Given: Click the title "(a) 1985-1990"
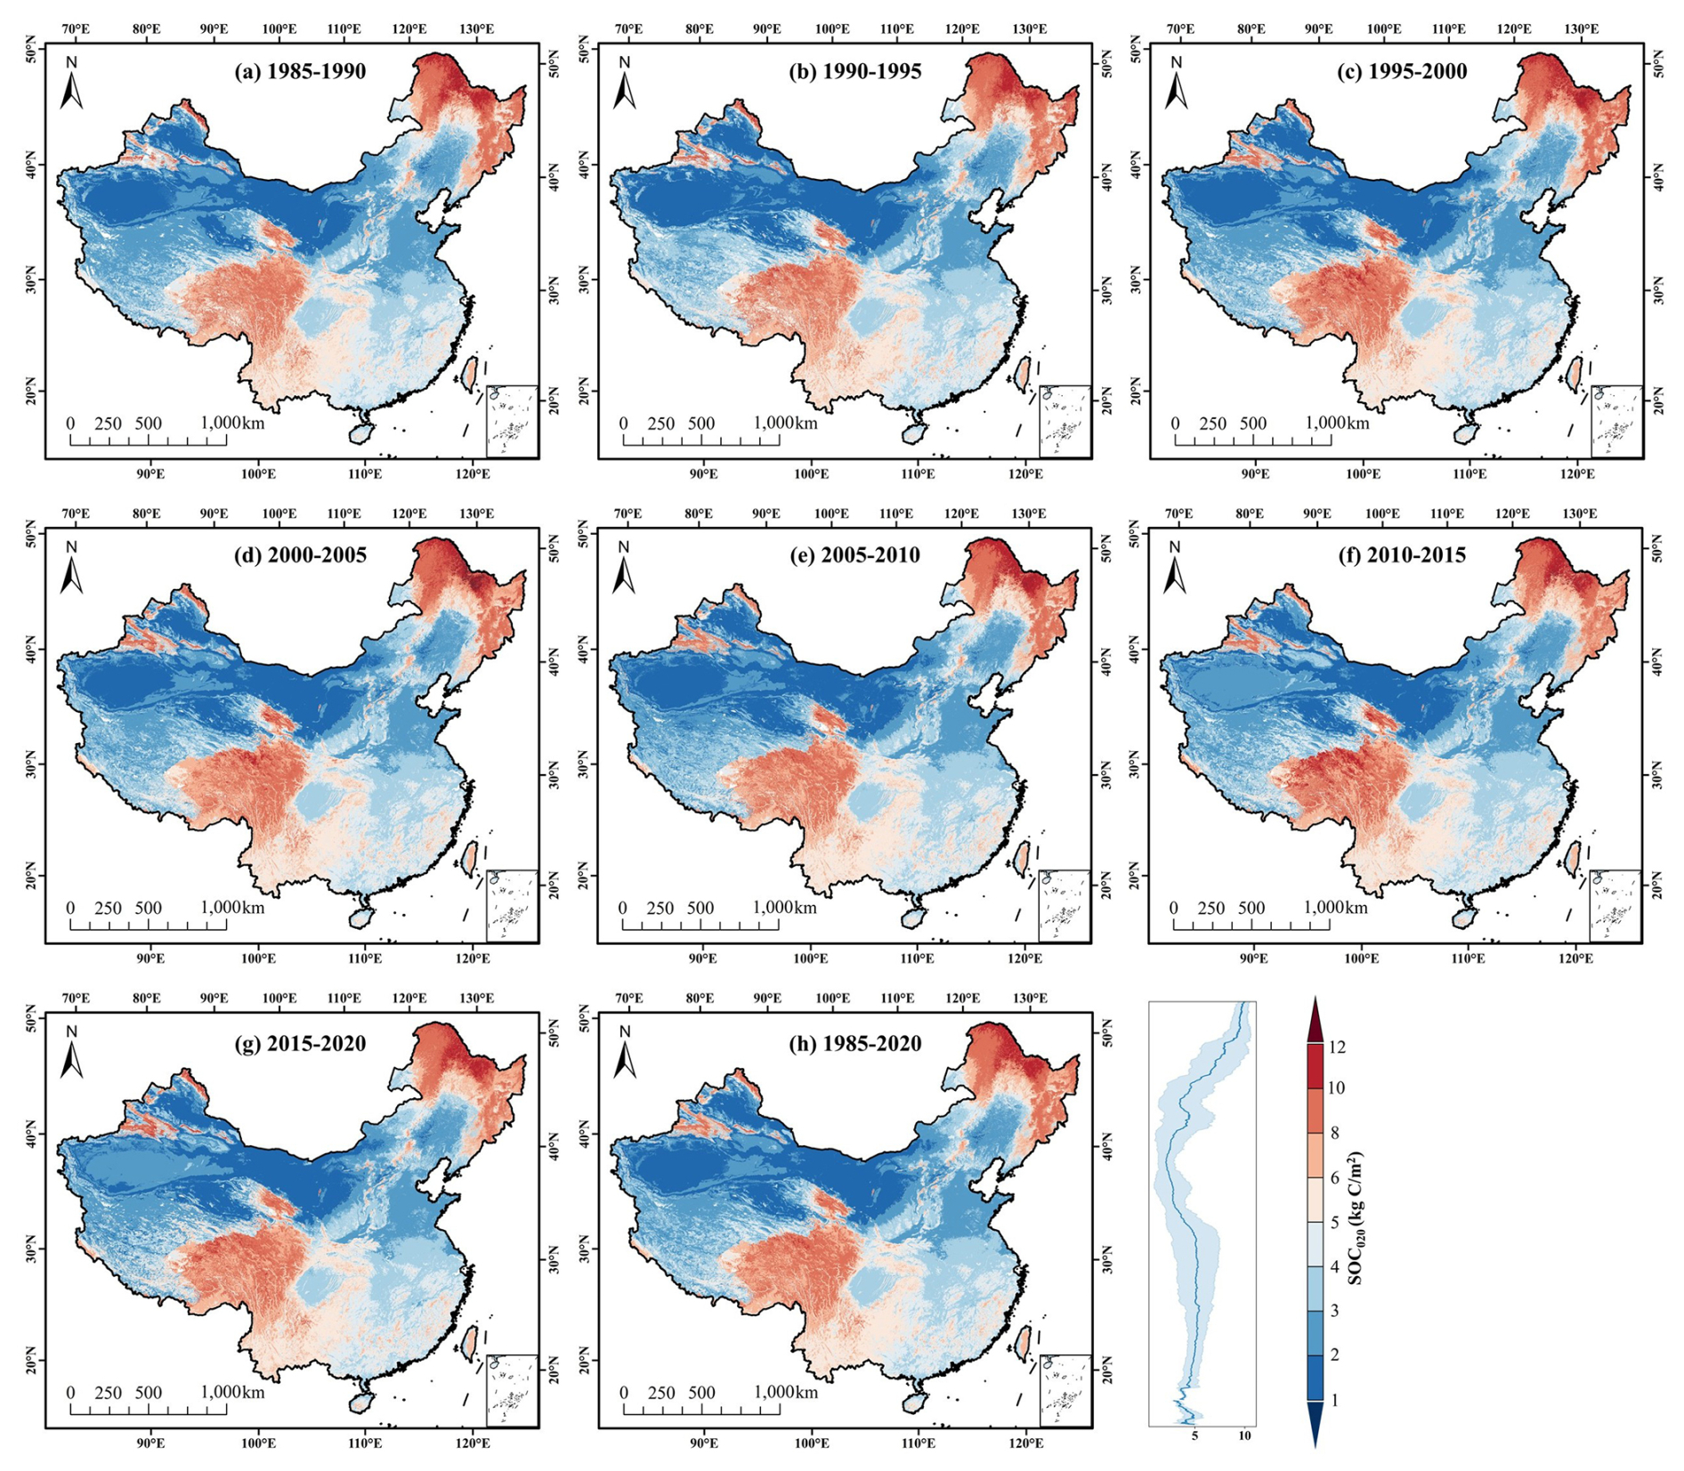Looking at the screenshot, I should click(x=300, y=71).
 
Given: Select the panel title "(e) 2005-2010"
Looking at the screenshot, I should click(x=854, y=555).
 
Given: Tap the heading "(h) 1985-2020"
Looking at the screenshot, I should click(x=855, y=1043).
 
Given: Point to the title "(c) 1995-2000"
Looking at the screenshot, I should click(x=1402, y=71).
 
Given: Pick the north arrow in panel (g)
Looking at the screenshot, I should click(x=72, y=1055).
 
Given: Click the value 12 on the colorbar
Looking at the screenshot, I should click(x=1336, y=1047).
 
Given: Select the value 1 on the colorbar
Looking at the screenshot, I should click(x=1333, y=1400).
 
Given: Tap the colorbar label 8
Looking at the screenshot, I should click(x=1333, y=1133).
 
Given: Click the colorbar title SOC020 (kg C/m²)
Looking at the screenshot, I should click(x=1356, y=1219).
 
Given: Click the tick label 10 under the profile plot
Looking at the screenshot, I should click(x=1244, y=1435).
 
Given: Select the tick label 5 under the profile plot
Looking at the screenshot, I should click(x=1194, y=1435).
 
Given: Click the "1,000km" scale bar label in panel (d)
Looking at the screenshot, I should click(x=232, y=907).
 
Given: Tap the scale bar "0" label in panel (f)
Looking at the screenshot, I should click(x=1174, y=908).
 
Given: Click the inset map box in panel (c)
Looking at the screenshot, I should click(x=1615, y=421).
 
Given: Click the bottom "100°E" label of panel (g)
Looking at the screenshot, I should click(x=258, y=1443).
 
